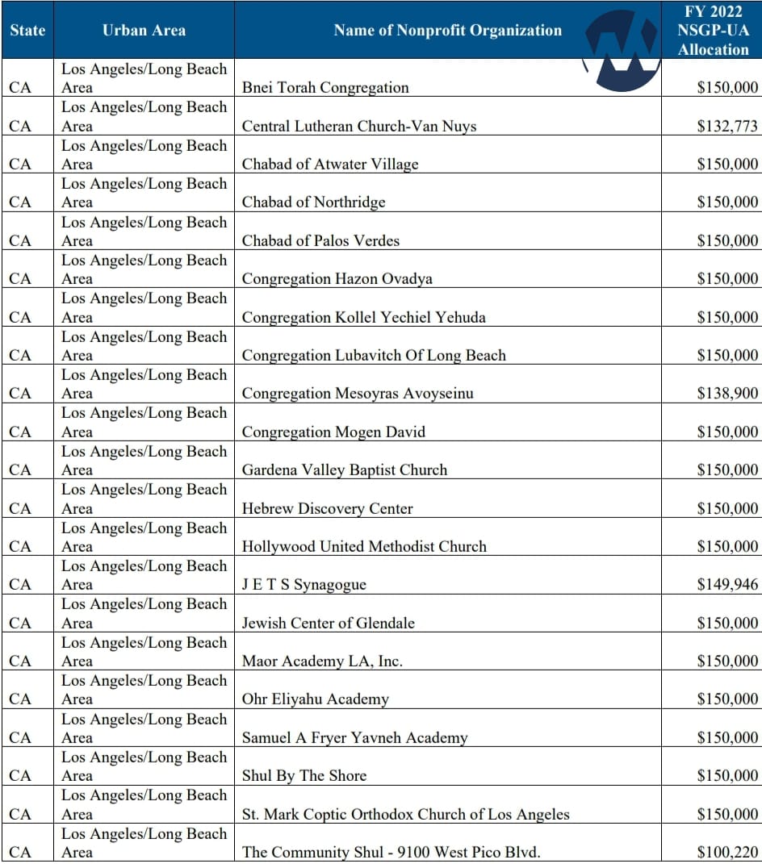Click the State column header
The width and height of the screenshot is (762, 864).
(27, 31)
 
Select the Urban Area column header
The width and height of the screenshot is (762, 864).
(144, 31)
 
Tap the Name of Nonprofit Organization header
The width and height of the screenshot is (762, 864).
(447, 31)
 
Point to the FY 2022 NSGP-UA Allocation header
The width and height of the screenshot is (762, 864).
(713, 31)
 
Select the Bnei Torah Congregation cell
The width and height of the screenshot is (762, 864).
(325, 88)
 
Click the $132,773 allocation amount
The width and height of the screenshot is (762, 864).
(727, 126)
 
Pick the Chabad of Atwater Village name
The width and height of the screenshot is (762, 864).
(330, 165)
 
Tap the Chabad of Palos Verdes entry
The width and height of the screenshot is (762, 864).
(320, 240)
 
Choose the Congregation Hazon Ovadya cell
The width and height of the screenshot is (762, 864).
(337, 279)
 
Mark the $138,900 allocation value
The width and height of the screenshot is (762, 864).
(727, 394)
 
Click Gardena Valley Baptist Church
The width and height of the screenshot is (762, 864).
(345, 470)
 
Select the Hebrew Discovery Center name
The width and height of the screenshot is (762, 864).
(327, 509)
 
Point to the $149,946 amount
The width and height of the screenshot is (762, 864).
(727, 585)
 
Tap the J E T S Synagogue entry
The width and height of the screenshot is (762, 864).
(304, 585)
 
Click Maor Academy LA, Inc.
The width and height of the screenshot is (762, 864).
(322, 662)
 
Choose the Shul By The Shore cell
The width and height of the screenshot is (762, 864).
(304, 776)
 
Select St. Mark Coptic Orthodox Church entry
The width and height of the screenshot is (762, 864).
(405, 815)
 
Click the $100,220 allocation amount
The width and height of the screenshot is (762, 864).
(727, 853)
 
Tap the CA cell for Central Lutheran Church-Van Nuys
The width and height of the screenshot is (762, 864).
(20, 126)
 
